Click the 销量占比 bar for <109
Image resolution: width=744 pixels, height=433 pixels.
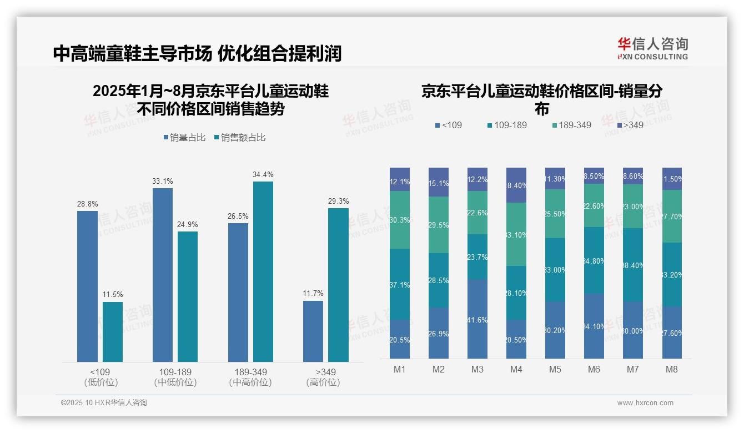[x=87, y=286]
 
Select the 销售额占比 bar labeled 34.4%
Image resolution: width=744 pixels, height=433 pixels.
[x=263, y=271]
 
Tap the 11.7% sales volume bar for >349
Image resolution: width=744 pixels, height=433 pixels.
[x=313, y=331]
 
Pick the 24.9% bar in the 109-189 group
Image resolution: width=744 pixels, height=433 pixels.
[x=188, y=296]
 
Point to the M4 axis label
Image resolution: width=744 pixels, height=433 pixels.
[x=516, y=369]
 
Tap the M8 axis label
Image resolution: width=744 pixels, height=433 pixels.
[x=672, y=369]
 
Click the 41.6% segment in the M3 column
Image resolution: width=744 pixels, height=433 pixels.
[x=477, y=319]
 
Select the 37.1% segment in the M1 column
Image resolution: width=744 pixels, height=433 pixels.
[x=400, y=284]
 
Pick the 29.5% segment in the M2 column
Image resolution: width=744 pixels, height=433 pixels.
[x=439, y=225]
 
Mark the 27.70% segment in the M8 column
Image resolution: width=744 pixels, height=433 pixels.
[x=672, y=216]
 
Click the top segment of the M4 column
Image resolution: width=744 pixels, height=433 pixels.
[x=516, y=185]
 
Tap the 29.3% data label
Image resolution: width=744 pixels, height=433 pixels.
[x=338, y=201]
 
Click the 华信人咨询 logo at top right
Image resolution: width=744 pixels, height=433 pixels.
[x=652, y=48]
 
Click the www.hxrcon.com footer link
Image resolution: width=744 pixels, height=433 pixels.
[x=645, y=403]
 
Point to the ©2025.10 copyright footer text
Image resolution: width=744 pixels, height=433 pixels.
[x=104, y=403]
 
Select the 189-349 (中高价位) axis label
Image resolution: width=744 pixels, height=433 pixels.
[x=250, y=377]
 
